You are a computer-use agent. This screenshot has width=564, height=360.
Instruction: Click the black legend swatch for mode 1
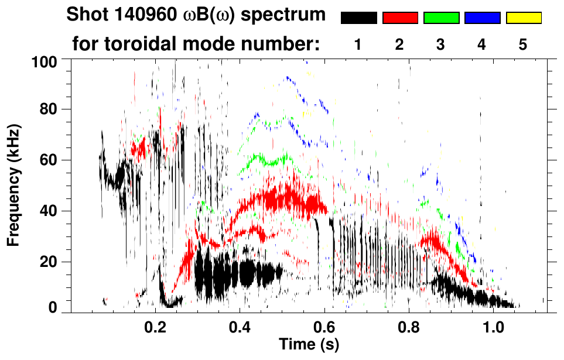(358, 18)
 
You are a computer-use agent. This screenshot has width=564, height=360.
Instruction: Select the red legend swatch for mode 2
(400, 18)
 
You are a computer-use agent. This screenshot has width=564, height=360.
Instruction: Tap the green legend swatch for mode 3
(441, 18)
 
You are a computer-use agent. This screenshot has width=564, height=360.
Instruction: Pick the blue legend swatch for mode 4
(482, 18)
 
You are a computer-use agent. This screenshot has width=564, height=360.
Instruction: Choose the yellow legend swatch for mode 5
(523, 18)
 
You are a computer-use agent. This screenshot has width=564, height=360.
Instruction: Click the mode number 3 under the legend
(441, 45)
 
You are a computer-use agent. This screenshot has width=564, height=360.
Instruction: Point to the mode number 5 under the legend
(523, 45)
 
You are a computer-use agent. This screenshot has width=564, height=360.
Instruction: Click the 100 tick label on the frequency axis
(45, 61)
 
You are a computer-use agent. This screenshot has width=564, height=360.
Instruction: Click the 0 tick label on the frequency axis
(53, 307)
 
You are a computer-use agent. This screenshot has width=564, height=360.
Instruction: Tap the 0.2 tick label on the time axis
(155, 326)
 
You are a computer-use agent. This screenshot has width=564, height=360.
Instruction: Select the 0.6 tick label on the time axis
(324, 326)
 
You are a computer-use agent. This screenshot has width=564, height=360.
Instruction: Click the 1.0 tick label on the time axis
(494, 326)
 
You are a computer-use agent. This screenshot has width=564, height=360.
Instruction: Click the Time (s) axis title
(309, 344)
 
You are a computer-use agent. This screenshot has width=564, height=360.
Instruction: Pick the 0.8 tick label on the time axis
(409, 326)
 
